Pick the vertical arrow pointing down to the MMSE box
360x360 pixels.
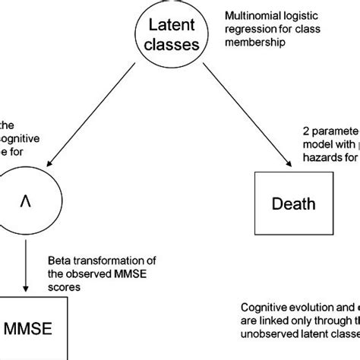tap(27, 266)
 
